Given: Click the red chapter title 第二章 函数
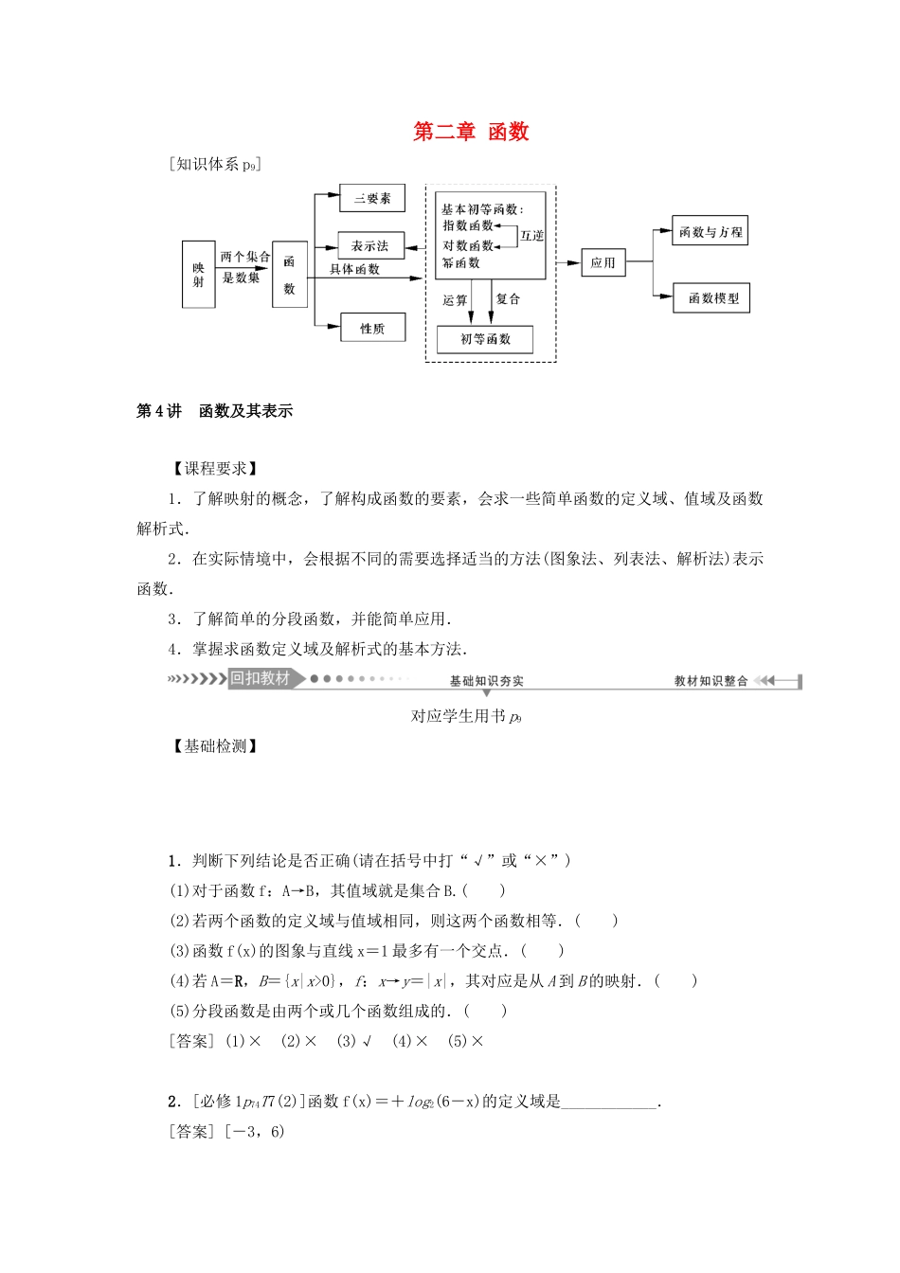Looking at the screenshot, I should (x=471, y=132).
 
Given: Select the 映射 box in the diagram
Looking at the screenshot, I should (x=198, y=274).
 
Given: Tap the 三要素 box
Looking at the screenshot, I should (x=372, y=198).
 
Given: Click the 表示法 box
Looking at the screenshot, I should (x=370, y=245).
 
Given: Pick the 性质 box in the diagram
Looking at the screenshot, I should (x=372, y=328).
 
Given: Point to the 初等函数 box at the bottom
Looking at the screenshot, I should (x=485, y=339).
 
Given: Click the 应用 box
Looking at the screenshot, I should (x=603, y=262).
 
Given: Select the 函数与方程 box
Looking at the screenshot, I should (x=711, y=232).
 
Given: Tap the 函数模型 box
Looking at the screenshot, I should (x=712, y=298).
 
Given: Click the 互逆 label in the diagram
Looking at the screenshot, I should (x=531, y=235).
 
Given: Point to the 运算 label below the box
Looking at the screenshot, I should (x=455, y=299).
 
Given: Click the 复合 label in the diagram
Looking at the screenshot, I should (x=509, y=298).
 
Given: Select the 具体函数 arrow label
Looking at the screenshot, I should (x=354, y=269).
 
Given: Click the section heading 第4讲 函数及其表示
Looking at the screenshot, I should (x=215, y=411).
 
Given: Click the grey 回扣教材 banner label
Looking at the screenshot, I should (x=260, y=678).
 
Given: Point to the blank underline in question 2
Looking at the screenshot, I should (x=609, y=1102).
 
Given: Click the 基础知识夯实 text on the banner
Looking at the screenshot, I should (x=486, y=681).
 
